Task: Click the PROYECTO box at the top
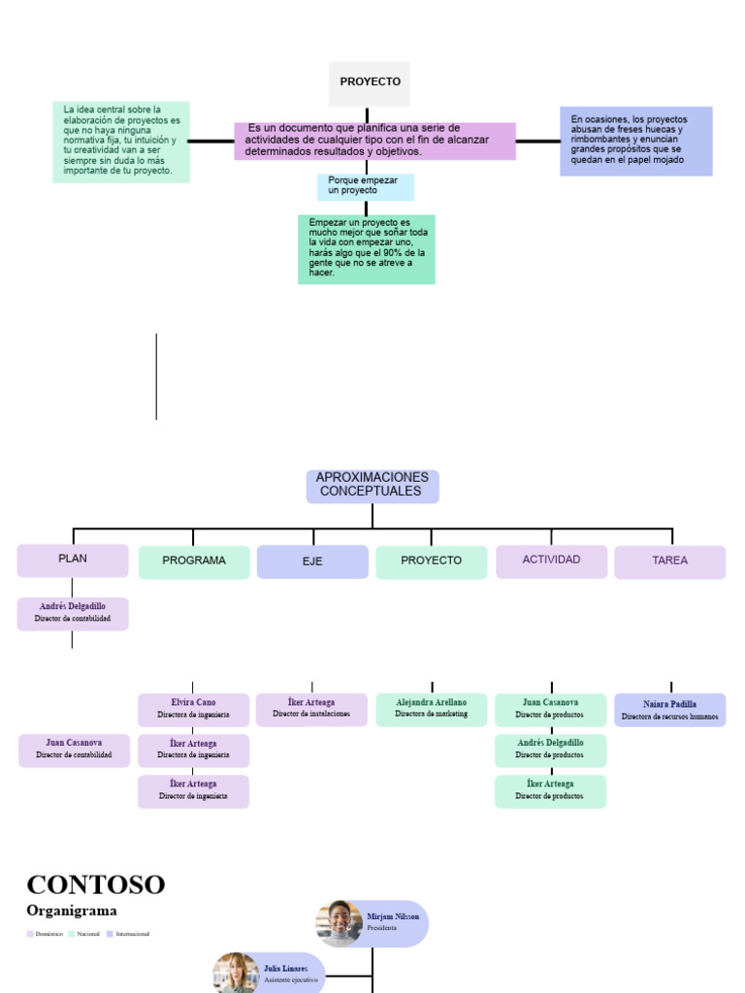pyautogui.click(x=370, y=83)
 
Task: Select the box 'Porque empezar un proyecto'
pyautogui.click(x=365, y=186)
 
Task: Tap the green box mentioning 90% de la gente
pyautogui.click(x=366, y=249)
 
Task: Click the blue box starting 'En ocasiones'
pyautogui.click(x=635, y=141)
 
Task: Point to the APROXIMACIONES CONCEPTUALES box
pyautogui.click(x=372, y=486)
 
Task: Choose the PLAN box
pyautogui.click(x=73, y=561)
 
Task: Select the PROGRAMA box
pyautogui.click(x=194, y=561)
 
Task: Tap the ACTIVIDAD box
pyautogui.click(x=551, y=561)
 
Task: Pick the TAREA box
pyautogui.click(x=669, y=561)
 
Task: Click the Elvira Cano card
pyautogui.click(x=193, y=709)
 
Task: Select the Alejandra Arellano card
pyautogui.click(x=431, y=709)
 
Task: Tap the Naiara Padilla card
pyautogui.click(x=669, y=710)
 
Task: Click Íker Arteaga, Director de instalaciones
pyautogui.click(x=311, y=709)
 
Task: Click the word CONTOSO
pyautogui.click(x=96, y=884)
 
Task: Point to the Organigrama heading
pyautogui.click(x=72, y=911)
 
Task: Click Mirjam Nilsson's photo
pyautogui.click(x=340, y=923)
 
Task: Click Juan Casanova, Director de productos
pyautogui.click(x=550, y=709)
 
